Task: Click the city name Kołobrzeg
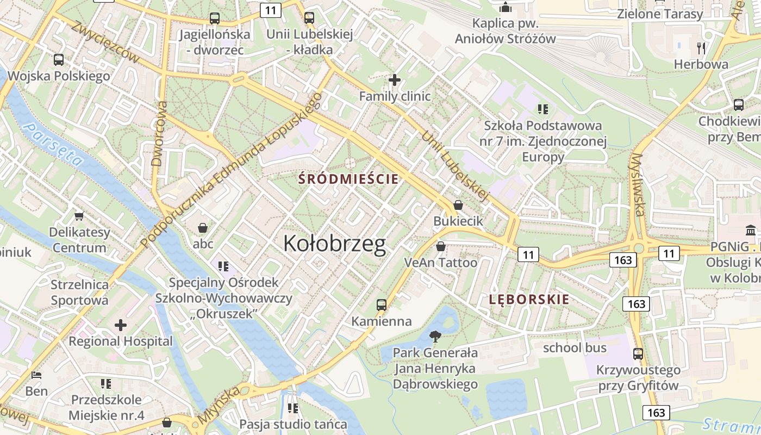click(x=334, y=244)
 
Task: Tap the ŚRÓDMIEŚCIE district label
click(x=348, y=179)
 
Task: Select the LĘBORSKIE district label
click(x=529, y=299)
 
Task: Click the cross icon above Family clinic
click(x=395, y=80)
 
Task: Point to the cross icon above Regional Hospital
click(x=121, y=325)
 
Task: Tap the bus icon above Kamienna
click(x=382, y=304)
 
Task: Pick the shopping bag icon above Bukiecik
click(x=458, y=205)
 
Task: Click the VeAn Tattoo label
click(x=440, y=263)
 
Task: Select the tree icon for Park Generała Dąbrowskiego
click(x=435, y=336)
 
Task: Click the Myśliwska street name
click(x=637, y=185)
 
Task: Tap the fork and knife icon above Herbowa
click(x=701, y=48)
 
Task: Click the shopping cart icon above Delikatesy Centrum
click(x=79, y=216)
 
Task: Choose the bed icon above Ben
click(x=36, y=375)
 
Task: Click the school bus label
click(x=575, y=347)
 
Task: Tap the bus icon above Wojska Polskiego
click(x=59, y=60)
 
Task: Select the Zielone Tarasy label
click(x=660, y=14)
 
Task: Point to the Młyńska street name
click(x=219, y=406)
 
